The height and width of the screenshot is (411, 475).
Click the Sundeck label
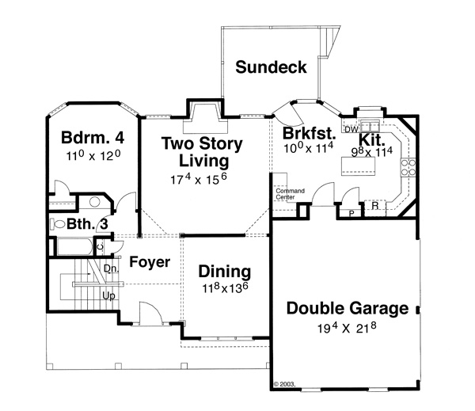(x=271, y=67)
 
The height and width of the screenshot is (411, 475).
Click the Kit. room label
(x=372, y=138)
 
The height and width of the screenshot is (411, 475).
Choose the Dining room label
(x=224, y=272)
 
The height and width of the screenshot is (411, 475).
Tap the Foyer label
(x=150, y=261)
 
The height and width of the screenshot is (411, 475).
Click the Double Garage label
(x=348, y=308)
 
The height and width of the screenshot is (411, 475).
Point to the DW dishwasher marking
(x=351, y=127)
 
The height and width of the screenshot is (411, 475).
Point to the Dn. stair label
(x=110, y=268)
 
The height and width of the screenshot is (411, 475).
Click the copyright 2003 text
(x=285, y=383)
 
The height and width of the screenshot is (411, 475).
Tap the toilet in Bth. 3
(x=58, y=224)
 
